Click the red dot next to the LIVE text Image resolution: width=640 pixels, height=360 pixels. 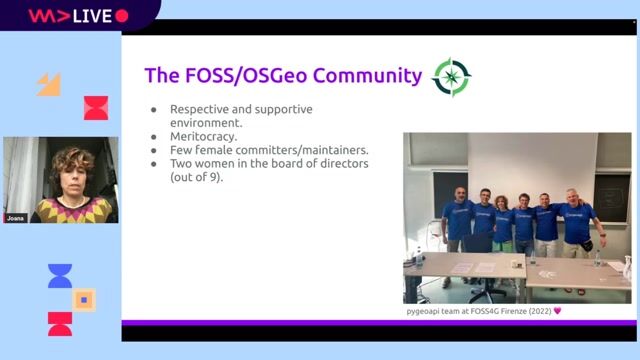coord(122,16)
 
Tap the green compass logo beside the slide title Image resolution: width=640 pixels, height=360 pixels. coord(450,77)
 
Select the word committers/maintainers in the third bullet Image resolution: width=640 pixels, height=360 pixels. coord(312,149)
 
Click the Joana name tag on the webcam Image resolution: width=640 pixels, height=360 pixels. coord(15,217)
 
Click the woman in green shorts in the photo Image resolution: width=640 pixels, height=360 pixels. coord(503,228)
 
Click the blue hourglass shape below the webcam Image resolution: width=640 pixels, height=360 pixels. coord(60,276)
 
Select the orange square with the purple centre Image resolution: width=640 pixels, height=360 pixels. coord(84,299)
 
